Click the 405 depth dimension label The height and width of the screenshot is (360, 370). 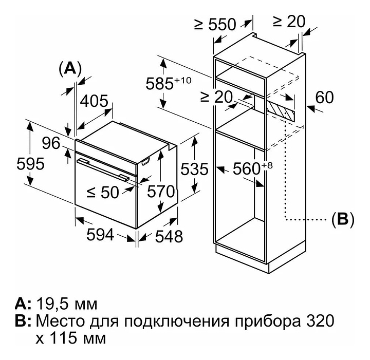93,100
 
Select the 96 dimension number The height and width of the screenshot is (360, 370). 51,144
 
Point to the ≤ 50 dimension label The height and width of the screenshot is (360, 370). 103,193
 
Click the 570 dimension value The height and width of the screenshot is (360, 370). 162,192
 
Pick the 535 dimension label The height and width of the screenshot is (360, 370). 195,169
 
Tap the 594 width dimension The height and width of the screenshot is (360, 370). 99,235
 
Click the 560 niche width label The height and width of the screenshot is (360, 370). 249,168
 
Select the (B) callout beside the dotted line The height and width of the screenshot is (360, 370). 343,220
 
